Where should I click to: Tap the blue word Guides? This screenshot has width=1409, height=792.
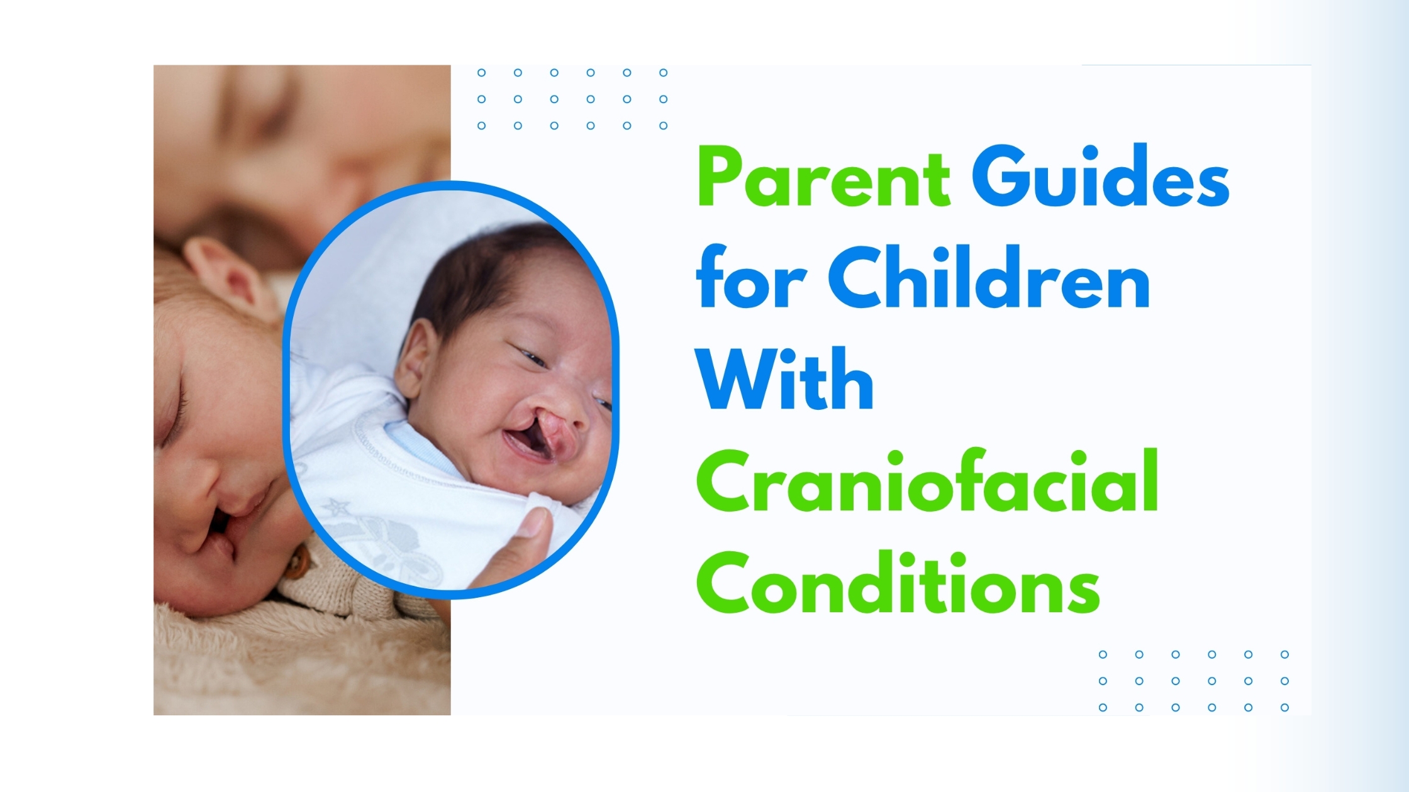point(1101,175)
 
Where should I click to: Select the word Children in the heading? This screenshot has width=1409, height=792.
point(989,277)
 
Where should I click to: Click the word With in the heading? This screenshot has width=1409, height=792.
point(784,378)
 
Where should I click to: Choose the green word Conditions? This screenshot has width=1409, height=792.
point(898,582)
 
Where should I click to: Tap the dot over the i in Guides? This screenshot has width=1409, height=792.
point(1089,153)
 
